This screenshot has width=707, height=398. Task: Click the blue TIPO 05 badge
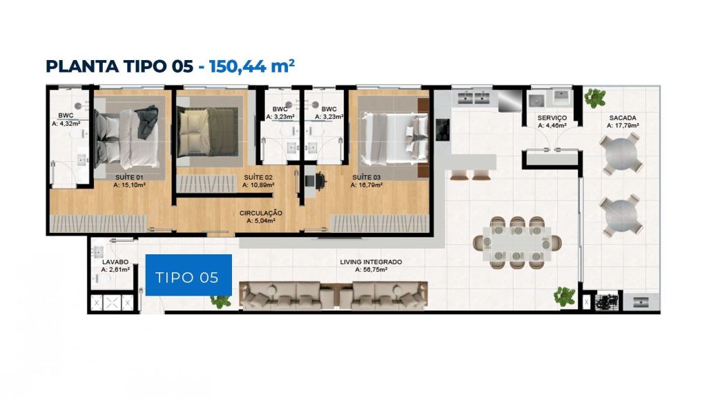[188, 275]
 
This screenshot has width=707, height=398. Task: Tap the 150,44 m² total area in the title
[251, 66]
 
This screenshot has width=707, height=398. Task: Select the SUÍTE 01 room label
[129, 178]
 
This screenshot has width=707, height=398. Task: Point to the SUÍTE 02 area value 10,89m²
[258, 185]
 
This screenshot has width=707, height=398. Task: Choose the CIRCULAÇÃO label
[260, 213]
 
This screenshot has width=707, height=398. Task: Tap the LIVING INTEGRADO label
[371, 262]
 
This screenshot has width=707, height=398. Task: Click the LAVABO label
[115, 262]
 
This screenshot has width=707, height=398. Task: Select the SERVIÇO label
[552, 118]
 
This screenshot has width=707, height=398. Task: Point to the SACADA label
[622, 117]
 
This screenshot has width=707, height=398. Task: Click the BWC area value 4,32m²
[66, 123]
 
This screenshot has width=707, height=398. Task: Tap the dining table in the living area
[516, 243]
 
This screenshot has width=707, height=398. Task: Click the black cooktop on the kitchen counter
[442, 129]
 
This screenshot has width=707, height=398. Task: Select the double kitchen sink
[474, 97]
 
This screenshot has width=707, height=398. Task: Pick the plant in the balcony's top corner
[595, 97]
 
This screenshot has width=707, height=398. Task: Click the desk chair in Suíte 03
[320, 181]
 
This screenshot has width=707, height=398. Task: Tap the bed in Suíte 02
[208, 132]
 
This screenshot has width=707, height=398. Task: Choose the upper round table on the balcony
[622, 154]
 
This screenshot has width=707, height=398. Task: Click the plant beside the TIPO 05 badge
[220, 301]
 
